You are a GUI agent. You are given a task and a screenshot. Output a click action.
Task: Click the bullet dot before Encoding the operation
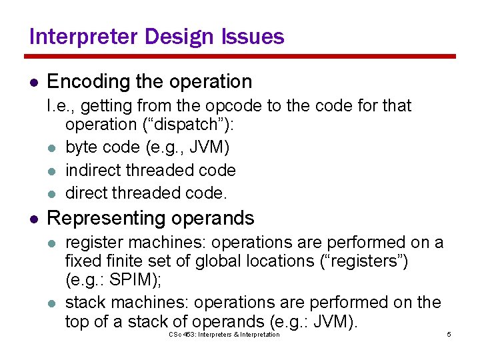(33, 83)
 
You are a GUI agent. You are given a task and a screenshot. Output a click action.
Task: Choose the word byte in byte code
(80, 147)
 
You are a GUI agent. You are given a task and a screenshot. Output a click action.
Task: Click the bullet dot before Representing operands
(33, 219)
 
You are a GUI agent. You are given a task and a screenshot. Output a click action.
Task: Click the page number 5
(449, 334)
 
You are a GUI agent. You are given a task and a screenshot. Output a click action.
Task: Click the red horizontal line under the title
(240, 56)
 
